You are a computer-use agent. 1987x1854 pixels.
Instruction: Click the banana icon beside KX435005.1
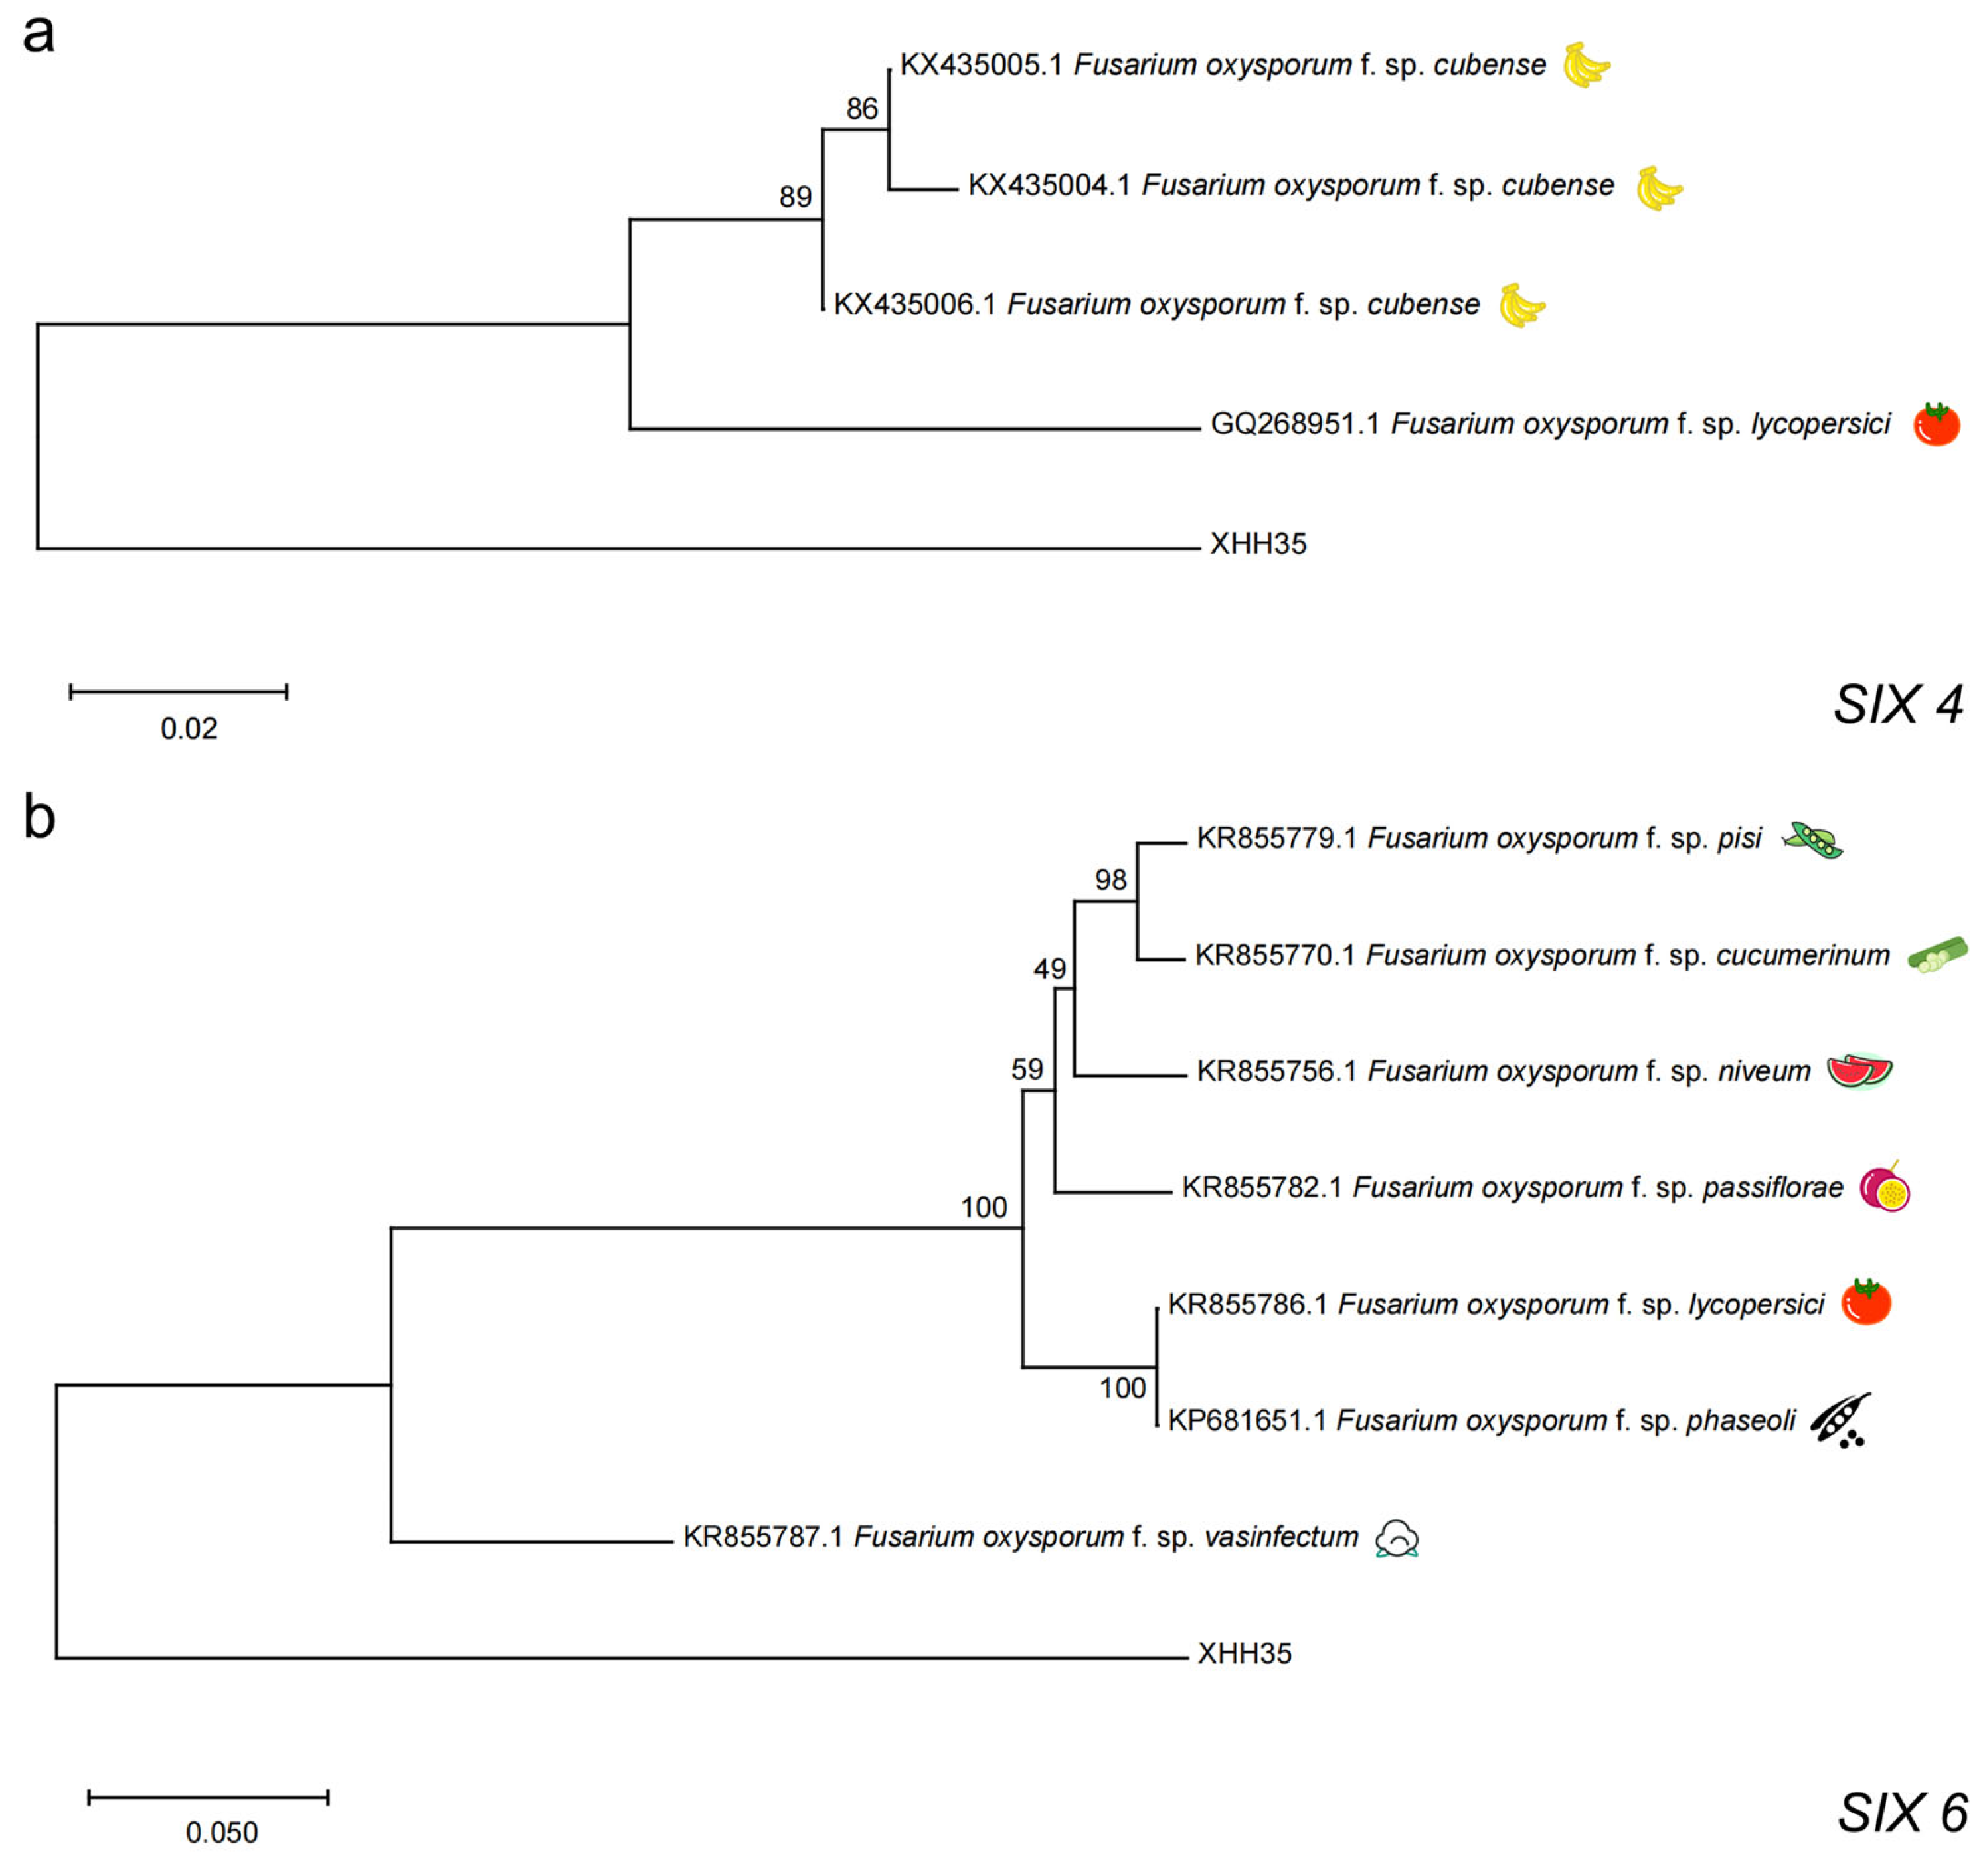click(1586, 66)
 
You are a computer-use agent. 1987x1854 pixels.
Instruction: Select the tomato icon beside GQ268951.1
click(1936, 425)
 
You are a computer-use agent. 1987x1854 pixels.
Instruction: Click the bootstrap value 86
click(861, 109)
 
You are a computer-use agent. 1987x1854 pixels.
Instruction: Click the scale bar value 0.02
click(189, 728)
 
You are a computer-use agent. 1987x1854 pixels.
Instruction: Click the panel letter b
click(39, 817)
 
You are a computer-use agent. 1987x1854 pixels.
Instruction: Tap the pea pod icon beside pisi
click(1812, 839)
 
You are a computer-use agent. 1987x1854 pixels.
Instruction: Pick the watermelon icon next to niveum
click(1859, 1071)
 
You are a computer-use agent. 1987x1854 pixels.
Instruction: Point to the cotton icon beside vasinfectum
click(1397, 1539)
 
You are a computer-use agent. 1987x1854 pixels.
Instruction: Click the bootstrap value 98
click(1110, 880)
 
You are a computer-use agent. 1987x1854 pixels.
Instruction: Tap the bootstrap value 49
click(1049, 968)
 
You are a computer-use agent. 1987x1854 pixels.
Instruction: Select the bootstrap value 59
click(1027, 1069)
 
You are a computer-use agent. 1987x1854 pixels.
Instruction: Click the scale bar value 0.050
click(222, 1832)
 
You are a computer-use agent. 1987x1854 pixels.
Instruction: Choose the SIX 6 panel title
click(1902, 1813)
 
